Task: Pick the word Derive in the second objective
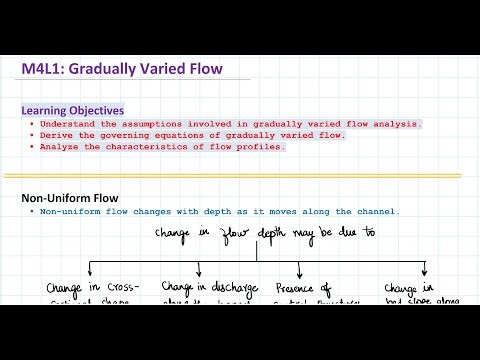click(56, 135)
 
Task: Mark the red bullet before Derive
click(32, 135)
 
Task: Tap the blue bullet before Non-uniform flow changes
click(32, 211)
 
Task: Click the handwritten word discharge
click(222, 288)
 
